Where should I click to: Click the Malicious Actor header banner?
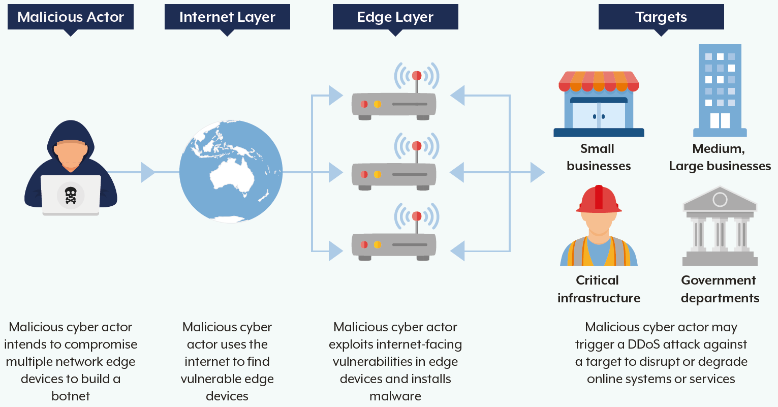[71, 17]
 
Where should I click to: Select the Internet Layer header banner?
[227, 17]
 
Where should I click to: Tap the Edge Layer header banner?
[395, 17]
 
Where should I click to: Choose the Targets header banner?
[661, 17]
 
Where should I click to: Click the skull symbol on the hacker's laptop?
[71, 195]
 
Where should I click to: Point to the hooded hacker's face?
[71, 152]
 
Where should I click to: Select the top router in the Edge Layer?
[394, 104]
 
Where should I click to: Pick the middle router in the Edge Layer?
[394, 174]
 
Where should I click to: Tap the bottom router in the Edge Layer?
[394, 244]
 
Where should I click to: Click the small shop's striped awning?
[599, 81]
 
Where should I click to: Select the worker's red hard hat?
[599, 199]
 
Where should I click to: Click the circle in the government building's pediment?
[720, 199]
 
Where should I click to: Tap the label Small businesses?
[599, 158]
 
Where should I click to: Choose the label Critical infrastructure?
[599, 289]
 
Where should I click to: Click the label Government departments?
[720, 289]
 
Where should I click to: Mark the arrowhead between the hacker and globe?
[147, 172]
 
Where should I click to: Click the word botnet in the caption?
[71, 396]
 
